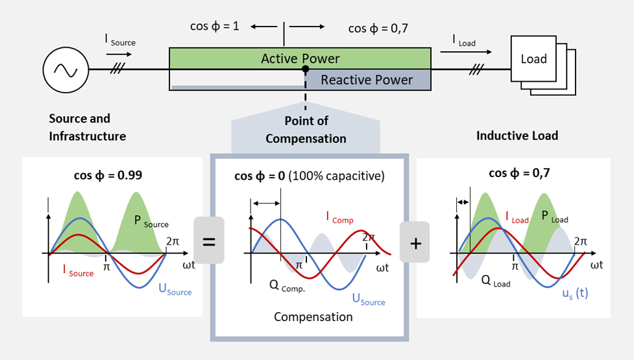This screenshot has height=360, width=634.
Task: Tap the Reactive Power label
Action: tap(367, 80)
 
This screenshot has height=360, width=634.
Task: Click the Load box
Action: tap(533, 59)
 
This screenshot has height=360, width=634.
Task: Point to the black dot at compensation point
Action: tap(305, 69)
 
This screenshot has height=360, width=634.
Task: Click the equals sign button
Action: tap(209, 241)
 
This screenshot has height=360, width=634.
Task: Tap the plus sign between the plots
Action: tap(415, 243)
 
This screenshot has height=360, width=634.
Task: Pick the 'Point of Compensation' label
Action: tap(306, 130)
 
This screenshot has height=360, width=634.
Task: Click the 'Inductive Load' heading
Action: tap(517, 136)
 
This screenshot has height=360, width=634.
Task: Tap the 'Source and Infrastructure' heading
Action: tap(87, 127)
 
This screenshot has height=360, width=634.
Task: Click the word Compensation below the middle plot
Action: tap(313, 317)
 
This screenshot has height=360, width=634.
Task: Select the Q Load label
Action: tap(496, 282)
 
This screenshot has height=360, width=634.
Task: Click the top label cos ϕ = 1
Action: tap(214, 27)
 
